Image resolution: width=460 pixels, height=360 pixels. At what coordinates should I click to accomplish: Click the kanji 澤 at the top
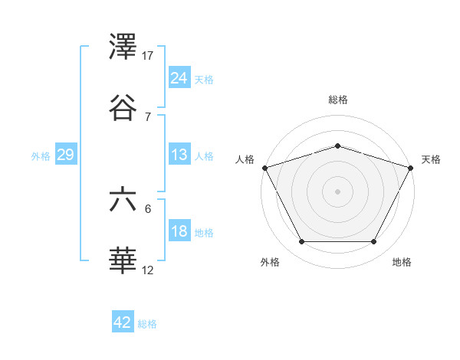[124, 48]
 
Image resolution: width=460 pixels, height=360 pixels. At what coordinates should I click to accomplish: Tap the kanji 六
[124, 201]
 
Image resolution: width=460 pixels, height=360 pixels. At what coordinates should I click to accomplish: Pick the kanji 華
[124, 262]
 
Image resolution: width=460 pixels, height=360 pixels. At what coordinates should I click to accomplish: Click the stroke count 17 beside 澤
[148, 55]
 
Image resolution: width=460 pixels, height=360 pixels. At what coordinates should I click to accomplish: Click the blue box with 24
[179, 77]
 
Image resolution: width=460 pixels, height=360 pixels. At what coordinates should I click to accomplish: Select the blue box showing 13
[179, 155]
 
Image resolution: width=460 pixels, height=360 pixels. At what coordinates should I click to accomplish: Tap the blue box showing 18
[179, 231]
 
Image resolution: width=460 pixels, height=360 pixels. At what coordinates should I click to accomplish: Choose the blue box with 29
[65, 155]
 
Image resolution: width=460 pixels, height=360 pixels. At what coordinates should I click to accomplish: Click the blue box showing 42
[123, 322]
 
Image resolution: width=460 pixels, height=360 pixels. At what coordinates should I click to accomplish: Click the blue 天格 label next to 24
[204, 79]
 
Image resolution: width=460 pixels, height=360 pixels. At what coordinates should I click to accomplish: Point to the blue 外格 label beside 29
[41, 155]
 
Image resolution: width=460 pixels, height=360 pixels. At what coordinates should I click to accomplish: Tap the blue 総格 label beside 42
[148, 324]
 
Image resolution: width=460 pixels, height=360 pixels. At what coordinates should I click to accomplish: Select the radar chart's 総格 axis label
[338, 100]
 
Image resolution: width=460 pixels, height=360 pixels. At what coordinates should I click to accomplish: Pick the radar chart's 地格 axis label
[402, 262]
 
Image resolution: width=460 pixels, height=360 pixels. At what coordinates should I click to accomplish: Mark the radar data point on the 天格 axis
[412, 167]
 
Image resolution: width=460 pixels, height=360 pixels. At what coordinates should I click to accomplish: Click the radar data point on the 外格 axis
[301, 242]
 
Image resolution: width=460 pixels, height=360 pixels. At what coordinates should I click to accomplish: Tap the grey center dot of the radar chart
[337, 191]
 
